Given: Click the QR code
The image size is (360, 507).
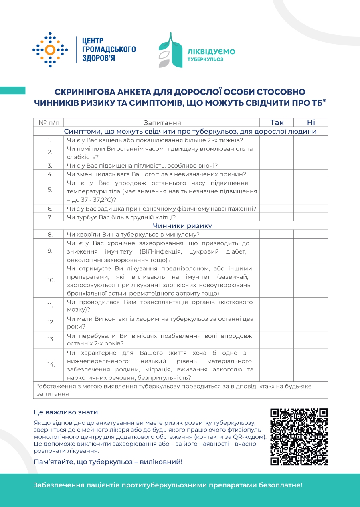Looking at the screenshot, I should click(x=299, y=436).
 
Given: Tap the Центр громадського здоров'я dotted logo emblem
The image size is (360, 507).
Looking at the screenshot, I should click(x=50, y=50).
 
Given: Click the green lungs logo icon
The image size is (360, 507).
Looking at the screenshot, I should click(x=170, y=50).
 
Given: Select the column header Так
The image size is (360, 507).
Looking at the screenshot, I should click(x=277, y=122).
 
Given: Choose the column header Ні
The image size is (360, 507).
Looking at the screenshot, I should click(x=311, y=122).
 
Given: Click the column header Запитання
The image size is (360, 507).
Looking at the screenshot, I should click(x=162, y=123).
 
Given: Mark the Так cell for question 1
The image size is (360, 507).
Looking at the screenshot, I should click(x=277, y=140).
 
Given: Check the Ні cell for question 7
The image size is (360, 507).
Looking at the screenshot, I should click(x=311, y=217).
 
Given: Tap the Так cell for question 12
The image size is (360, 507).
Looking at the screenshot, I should click(x=277, y=322).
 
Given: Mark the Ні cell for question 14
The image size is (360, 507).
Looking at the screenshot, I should click(x=311, y=365).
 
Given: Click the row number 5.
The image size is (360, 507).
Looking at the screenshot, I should click(x=50, y=190).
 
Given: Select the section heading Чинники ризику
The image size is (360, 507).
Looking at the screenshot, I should click(x=182, y=226).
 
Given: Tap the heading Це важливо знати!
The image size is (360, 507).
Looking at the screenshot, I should click(x=67, y=412).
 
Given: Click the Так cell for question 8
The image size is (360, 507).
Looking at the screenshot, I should click(x=277, y=235).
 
